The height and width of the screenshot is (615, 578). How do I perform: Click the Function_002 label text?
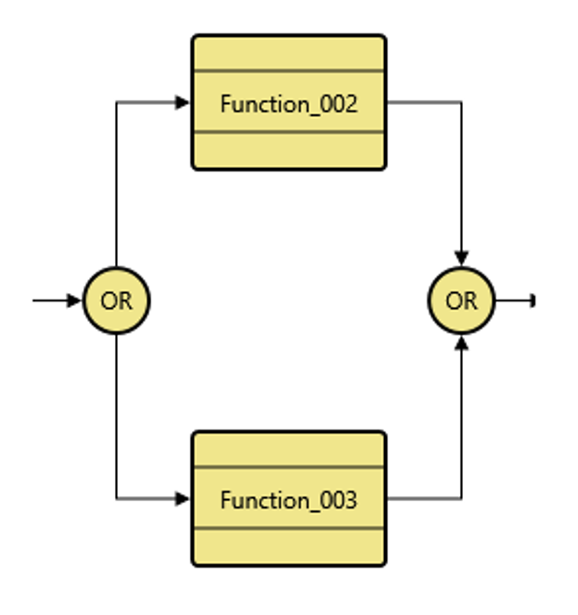289,104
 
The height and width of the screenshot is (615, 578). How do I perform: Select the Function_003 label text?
289,500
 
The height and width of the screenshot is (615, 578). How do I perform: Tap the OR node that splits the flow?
116,301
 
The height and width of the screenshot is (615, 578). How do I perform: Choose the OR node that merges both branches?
461,301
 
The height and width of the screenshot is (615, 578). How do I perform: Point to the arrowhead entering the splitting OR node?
74,301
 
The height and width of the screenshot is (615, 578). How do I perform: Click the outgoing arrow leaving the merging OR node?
516,301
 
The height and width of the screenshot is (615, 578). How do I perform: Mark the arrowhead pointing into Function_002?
183,103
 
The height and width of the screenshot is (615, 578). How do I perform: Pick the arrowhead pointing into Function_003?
183,499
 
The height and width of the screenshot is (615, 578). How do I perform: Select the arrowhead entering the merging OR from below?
461,342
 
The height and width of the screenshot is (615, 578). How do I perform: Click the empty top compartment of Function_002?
289,54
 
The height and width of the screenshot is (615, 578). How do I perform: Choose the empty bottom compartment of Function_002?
289,150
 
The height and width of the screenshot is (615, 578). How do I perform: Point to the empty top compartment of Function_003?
289,450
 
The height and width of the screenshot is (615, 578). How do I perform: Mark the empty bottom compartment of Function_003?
289,546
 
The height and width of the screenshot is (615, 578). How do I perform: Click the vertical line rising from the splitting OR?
116,186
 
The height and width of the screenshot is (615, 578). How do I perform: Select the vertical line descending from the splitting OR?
116,417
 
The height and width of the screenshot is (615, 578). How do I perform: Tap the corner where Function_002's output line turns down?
461,103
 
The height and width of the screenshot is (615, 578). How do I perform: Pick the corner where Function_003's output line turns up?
461,499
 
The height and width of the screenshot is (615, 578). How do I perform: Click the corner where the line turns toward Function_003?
116,499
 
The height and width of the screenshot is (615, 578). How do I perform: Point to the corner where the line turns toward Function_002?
116,103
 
